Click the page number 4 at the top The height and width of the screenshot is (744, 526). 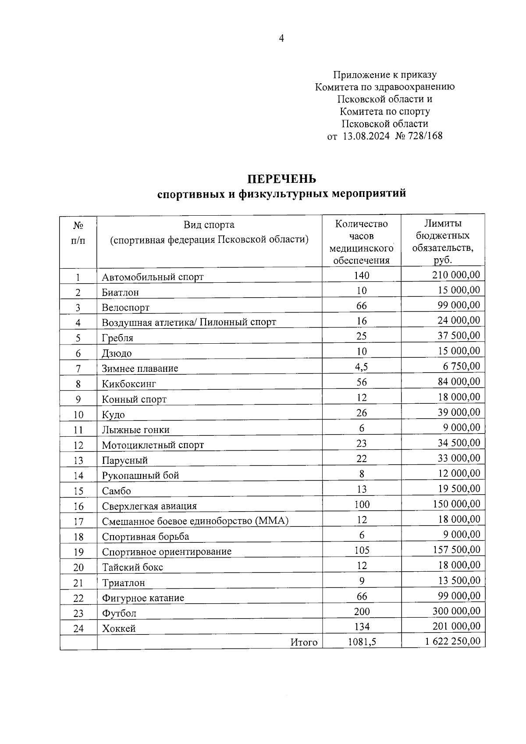(x=281, y=39)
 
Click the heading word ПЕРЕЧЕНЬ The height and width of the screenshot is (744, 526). (x=281, y=179)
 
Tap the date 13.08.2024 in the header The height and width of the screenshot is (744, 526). (x=366, y=136)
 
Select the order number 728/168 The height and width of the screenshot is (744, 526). (x=425, y=136)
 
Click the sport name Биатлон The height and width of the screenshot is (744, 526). (x=120, y=292)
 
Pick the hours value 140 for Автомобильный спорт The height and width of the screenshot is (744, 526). (x=362, y=275)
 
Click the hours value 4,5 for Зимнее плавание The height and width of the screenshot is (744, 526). (x=362, y=367)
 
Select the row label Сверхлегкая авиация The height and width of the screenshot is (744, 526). (x=149, y=506)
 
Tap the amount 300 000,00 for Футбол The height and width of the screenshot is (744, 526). (x=456, y=611)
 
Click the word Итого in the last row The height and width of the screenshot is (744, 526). (x=304, y=642)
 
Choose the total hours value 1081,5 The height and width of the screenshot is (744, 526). (x=362, y=642)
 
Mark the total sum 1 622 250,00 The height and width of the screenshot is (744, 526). (x=452, y=641)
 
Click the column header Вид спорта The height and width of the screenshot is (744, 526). (x=209, y=225)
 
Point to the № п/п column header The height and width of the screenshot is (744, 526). (x=78, y=233)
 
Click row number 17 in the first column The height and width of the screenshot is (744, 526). (x=78, y=522)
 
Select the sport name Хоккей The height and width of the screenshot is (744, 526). (x=119, y=629)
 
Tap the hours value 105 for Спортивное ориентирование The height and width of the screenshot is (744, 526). (x=362, y=550)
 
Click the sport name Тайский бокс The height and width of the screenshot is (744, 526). (x=132, y=567)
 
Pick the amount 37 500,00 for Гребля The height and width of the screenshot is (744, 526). (x=458, y=335)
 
